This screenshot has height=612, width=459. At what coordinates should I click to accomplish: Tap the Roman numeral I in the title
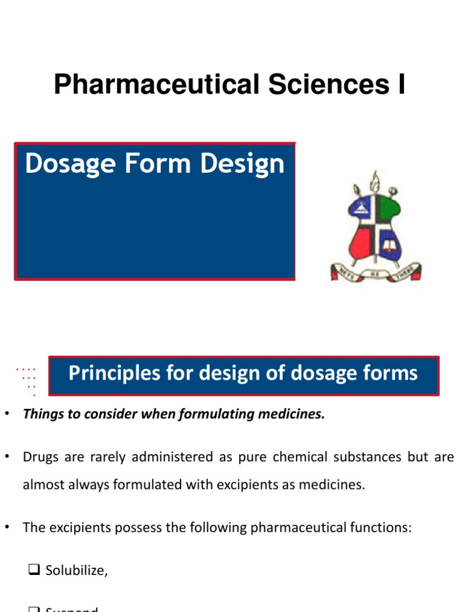coord(399,84)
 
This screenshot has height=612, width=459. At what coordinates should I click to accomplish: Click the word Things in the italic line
coord(41,414)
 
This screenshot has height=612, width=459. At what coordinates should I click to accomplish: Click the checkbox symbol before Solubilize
coord(33,571)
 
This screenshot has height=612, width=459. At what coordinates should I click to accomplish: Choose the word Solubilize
coord(76,571)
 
